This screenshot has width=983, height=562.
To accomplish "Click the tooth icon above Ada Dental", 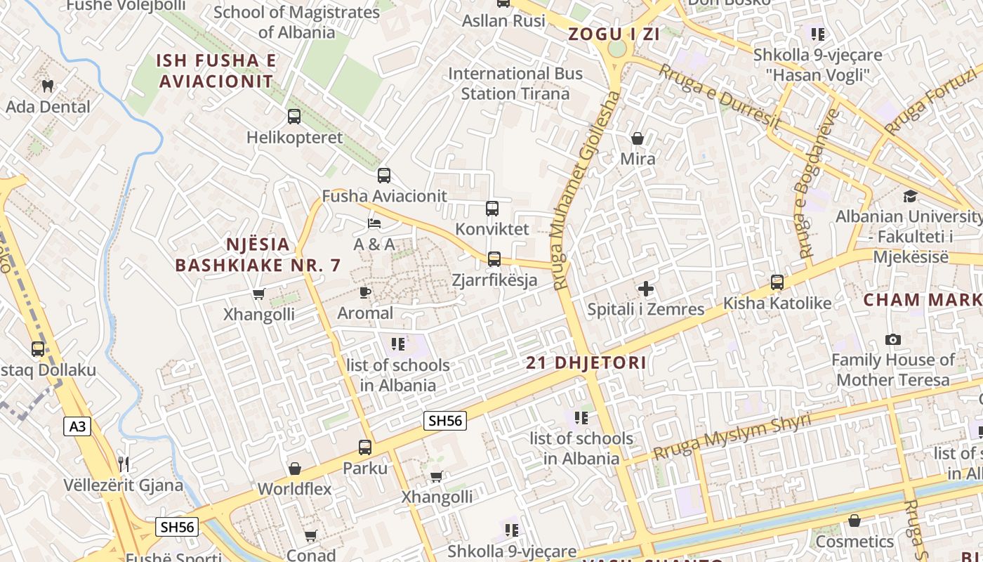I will [x=48, y=86].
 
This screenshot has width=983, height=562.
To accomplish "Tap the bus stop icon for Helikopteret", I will [x=294, y=117].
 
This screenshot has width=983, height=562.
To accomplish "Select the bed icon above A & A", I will [x=374, y=223].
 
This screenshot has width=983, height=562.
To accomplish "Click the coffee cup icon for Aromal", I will [x=365, y=292].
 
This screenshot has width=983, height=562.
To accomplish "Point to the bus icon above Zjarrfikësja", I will [x=494, y=259].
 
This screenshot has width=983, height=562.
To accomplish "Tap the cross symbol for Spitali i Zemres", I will [x=646, y=288].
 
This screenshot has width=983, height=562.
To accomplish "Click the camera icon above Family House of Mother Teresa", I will [x=893, y=340].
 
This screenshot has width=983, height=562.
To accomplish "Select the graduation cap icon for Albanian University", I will [x=910, y=196].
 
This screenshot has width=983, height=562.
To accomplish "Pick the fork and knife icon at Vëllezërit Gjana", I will [x=124, y=464].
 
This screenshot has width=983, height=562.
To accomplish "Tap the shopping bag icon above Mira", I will [x=638, y=138].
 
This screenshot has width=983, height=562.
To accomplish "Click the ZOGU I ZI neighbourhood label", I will [x=614, y=34].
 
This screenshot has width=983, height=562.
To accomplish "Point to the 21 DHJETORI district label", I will [x=586, y=363].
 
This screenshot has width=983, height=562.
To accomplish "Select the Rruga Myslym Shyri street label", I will [x=732, y=436].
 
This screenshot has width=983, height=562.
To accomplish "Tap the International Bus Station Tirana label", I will [x=515, y=83].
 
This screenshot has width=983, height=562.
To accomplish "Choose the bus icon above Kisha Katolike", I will [x=777, y=282].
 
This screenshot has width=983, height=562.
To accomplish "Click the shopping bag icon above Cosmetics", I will [x=855, y=521].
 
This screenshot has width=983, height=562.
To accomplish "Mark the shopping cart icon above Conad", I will [x=311, y=535].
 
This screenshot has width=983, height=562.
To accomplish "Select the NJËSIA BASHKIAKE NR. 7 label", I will [x=258, y=254].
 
